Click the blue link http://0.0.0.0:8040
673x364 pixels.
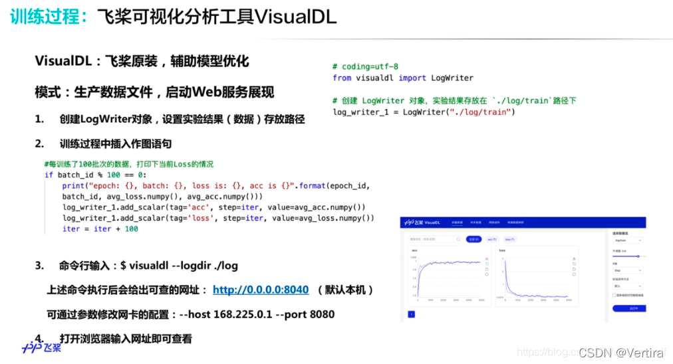click(261, 290)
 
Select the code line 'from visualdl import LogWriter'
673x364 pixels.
click(403, 78)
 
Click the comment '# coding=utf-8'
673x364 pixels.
click(365, 67)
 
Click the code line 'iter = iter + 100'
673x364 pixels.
click(100, 228)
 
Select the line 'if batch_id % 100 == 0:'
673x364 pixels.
click(99, 175)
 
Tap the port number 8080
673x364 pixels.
click(320, 314)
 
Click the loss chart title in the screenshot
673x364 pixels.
click(503, 250)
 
